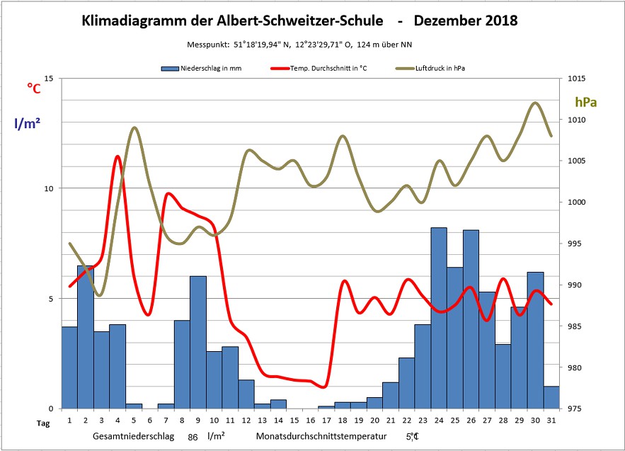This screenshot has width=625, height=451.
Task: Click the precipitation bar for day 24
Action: coord(439,319)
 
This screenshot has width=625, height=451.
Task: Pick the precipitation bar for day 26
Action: coord(471,319)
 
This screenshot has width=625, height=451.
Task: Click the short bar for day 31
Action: coord(551,397)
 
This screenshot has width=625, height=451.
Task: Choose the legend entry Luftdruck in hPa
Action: coord(440,69)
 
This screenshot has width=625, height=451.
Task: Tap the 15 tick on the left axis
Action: coord(49,79)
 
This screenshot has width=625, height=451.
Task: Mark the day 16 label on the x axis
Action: coord(310,421)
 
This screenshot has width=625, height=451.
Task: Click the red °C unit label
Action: coord(34,88)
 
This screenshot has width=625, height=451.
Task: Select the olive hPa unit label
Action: coord(585,103)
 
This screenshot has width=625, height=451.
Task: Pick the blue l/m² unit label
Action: coord(27,123)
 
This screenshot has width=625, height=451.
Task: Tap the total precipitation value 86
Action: coord(193,437)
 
